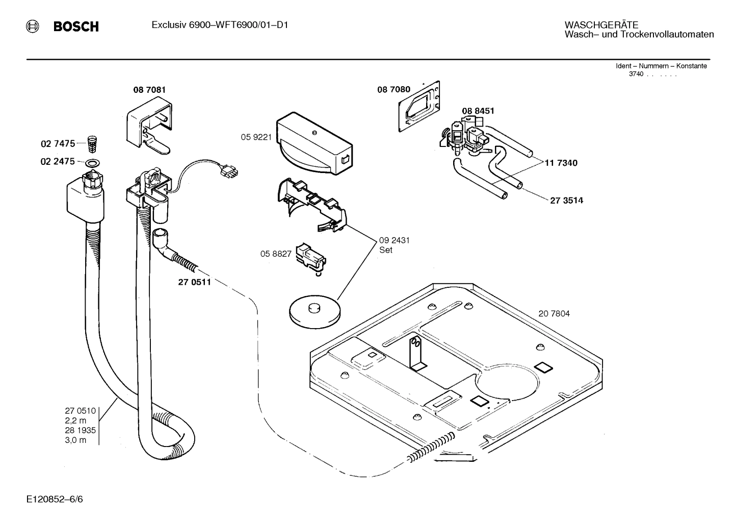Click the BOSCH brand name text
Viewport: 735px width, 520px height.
click(x=76, y=27)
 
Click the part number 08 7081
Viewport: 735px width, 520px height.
click(x=149, y=90)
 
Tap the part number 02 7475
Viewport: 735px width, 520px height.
click(x=58, y=144)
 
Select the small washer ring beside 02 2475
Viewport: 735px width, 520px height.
click(x=92, y=163)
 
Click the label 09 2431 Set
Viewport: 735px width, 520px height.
click(x=394, y=245)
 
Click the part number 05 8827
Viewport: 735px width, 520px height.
click(x=276, y=254)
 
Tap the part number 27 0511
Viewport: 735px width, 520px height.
click(x=194, y=282)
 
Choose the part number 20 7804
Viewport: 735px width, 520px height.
click(x=554, y=313)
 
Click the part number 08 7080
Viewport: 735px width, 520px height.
click(x=393, y=89)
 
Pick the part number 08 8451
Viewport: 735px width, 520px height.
click(x=478, y=111)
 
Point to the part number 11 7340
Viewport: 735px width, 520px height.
click(x=561, y=163)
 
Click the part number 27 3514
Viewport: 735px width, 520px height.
click(x=566, y=200)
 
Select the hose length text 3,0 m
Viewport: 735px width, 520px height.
click(x=75, y=440)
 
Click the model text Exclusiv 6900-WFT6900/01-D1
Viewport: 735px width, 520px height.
click(x=220, y=24)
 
